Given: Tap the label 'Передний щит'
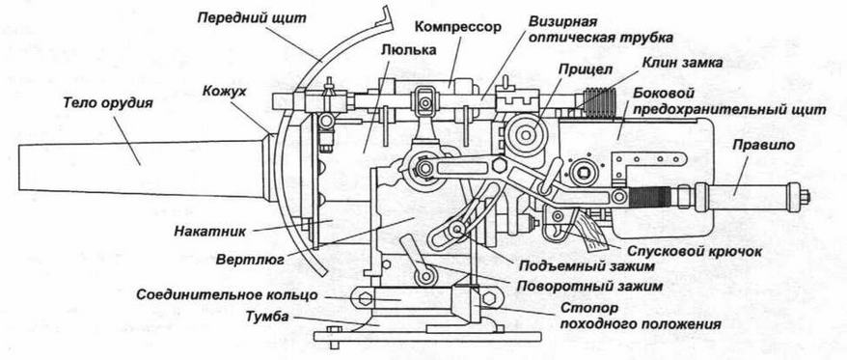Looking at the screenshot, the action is pos(251,18).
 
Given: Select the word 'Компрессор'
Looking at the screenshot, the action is pos(457,26).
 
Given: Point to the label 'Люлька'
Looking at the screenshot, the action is pos(408,50).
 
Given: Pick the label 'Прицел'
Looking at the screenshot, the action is pos(577,70).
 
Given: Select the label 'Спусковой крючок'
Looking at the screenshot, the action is pos(695,251).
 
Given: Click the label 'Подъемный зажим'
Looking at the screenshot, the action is pos(587,266).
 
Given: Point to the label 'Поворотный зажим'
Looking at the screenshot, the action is pos(589,285).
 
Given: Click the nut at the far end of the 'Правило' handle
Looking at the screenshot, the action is pos(805,195).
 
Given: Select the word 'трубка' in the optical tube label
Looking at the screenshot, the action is pos(647,38).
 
